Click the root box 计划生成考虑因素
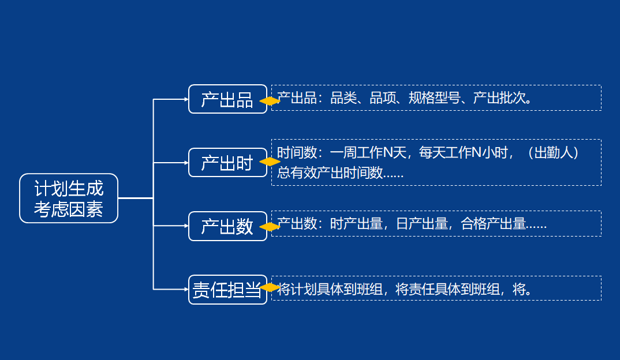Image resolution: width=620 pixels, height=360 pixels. pos(69,198)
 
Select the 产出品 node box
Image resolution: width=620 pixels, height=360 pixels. pos(227,99)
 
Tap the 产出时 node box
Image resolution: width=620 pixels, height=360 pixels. pos(227,163)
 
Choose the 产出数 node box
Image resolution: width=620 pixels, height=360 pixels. pos(227,226)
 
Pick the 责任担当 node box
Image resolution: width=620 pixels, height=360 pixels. pos(227,290)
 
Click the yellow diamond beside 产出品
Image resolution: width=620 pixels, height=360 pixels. pos(270,101)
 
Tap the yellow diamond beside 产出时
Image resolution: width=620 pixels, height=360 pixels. pos(270,162)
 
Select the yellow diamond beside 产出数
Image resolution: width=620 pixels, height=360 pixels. pos(270,227)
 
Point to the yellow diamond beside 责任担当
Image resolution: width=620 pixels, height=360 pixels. pos(270,287)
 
